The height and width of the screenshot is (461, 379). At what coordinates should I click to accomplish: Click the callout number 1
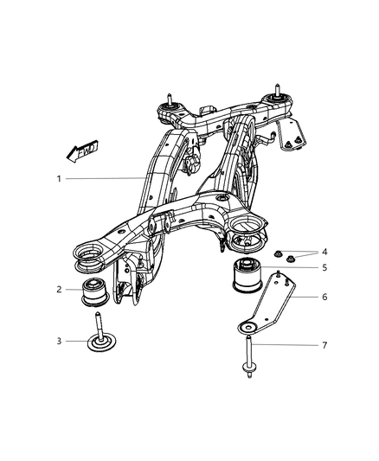(x=59, y=179)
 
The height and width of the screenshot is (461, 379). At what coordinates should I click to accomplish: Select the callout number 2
(x=59, y=290)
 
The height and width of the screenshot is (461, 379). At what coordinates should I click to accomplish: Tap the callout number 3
(x=59, y=340)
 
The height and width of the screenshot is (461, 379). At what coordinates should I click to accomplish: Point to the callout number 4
(x=324, y=252)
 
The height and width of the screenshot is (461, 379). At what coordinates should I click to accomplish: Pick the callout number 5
(x=324, y=268)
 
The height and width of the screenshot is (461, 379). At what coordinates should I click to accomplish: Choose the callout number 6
(x=324, y=296)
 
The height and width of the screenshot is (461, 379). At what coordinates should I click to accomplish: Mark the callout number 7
(x=324, y=347)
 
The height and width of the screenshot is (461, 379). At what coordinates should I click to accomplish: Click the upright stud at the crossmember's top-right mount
(x=277, y=88)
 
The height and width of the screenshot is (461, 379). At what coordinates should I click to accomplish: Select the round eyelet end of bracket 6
(x=248, y=327)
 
